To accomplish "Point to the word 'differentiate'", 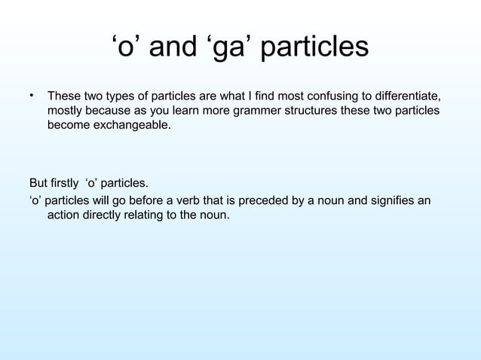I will click(x=406, y=97).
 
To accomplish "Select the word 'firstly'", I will click(x=66, y=183).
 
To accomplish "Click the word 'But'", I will click(x=38, y=183).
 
